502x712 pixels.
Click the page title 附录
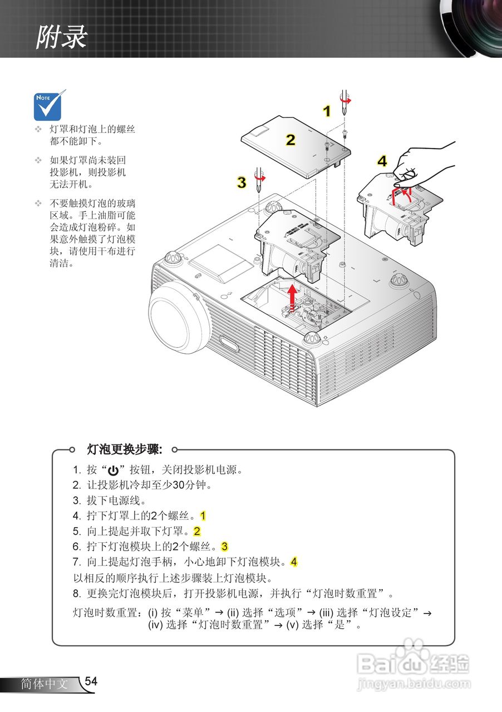[x=62, y=37]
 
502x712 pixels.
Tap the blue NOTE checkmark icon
[x=48, y=106]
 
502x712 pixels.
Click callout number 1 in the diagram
[x=327, y=111]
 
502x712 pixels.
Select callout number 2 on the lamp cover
[x=291, y=140]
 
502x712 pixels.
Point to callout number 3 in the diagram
[x=242, y=182]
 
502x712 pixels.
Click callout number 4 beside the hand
[x=382, y=161]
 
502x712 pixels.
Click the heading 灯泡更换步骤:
[x=125, y=448]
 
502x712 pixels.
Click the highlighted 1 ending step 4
[x=203, y=516]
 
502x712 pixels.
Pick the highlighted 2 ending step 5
[x=197, y=531]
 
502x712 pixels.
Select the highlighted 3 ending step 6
[x=225, y=546]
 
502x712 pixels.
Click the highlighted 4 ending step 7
[x=294, y=562]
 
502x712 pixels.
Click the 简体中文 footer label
[x=44, y=684]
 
